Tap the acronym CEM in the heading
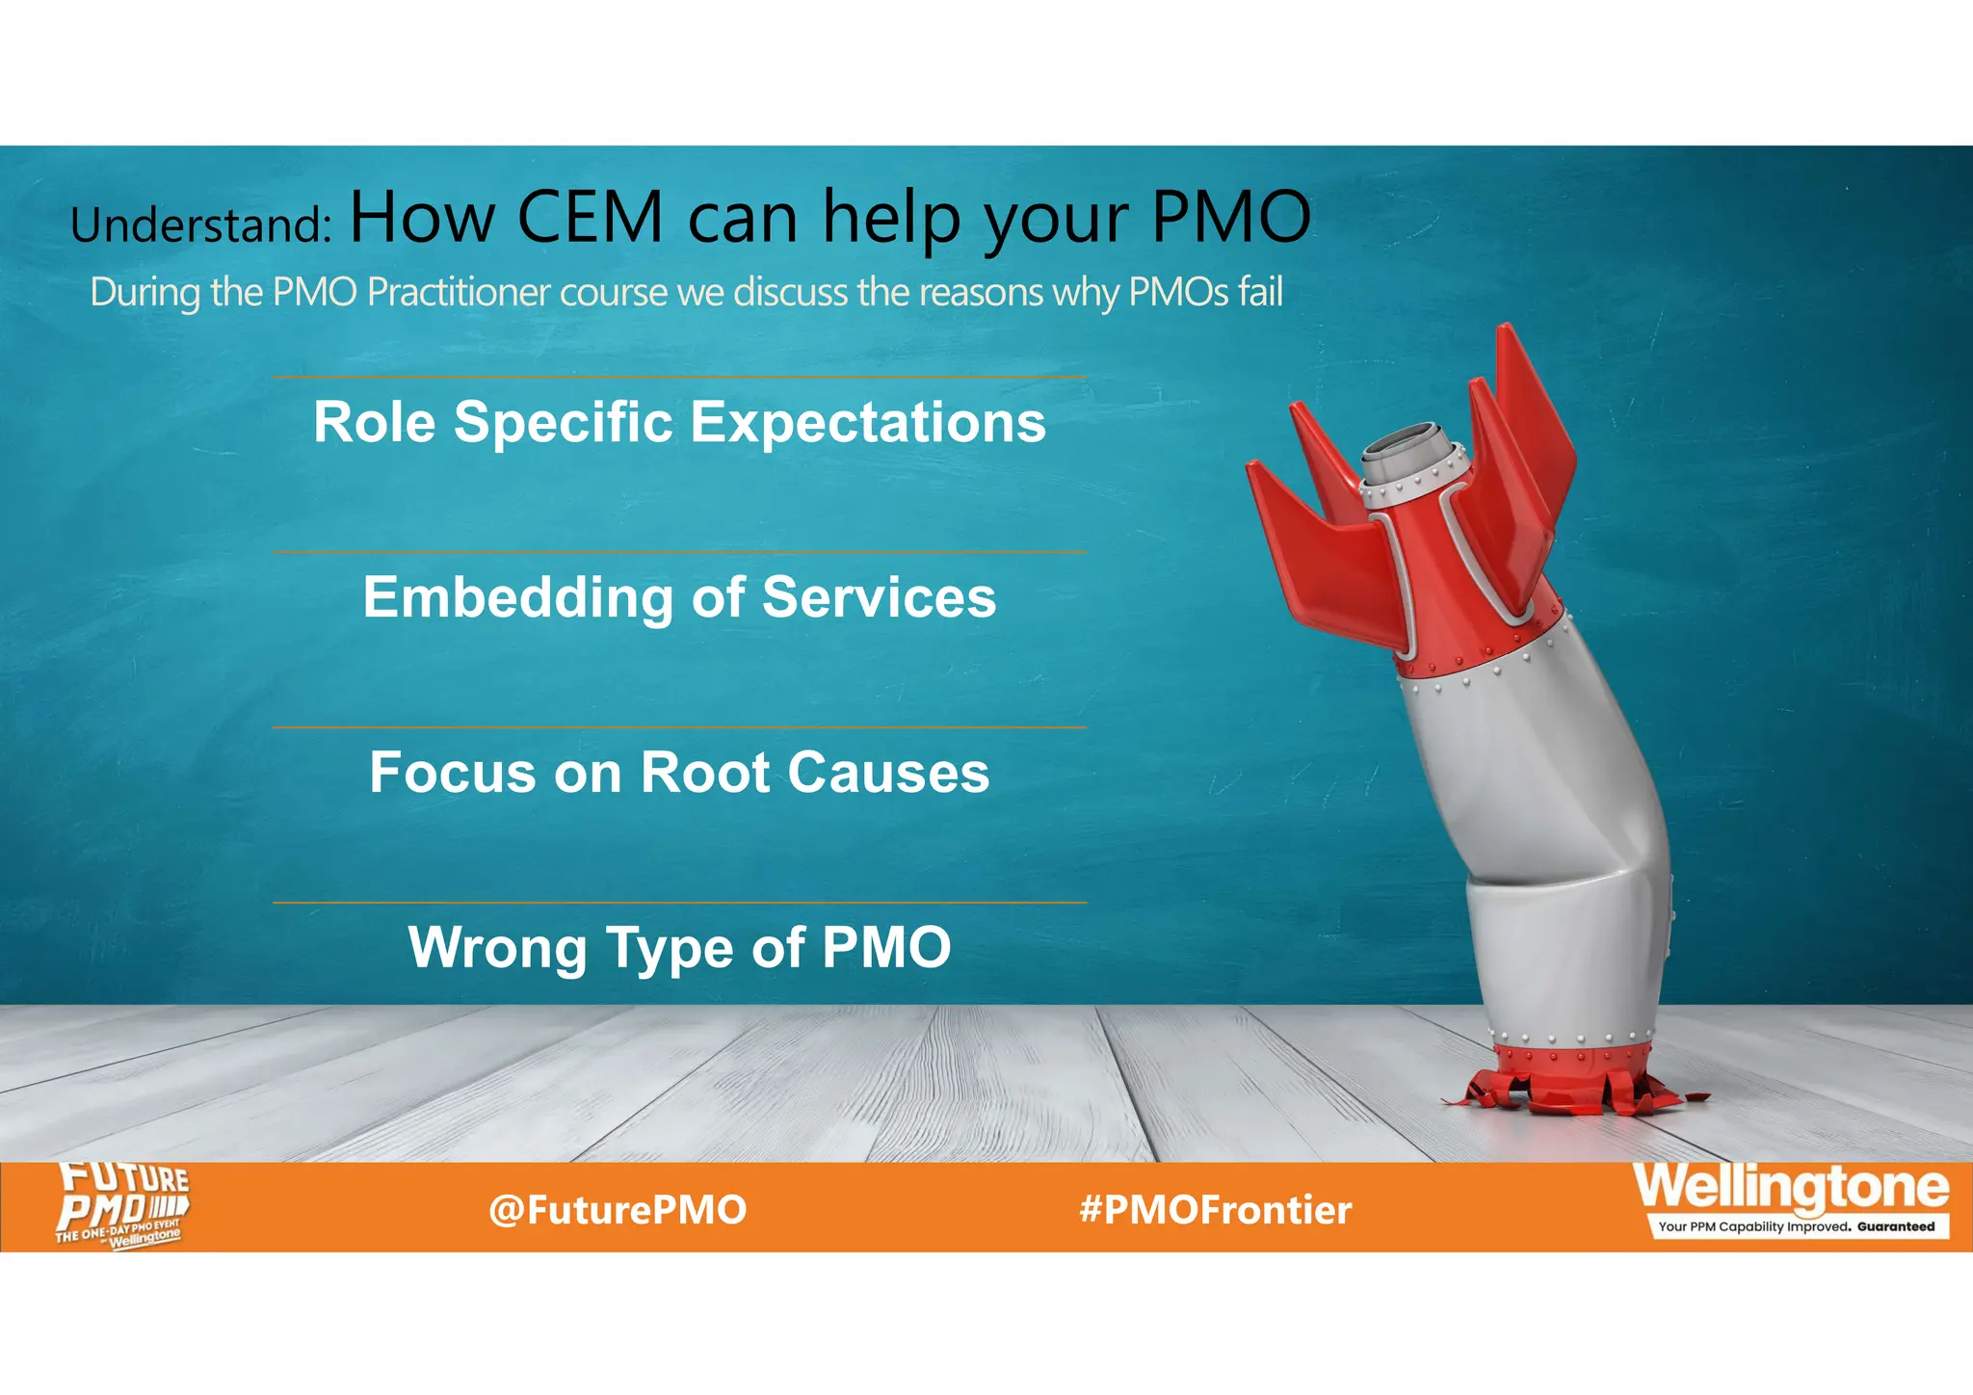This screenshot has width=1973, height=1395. [x=590, y=217]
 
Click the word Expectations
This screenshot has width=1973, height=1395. [x=867, y=422]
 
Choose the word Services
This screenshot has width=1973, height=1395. [x=879, y=597]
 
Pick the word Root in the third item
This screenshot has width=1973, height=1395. [x=705, y=773]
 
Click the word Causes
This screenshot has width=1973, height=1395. [x=888, y=773]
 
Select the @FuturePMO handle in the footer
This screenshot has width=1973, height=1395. [x=618, y=1210]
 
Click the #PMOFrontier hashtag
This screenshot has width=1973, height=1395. [x=1216, y=1210]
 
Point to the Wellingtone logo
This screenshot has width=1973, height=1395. [x=1791, y=1189]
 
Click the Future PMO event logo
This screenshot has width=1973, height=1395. [x=122, y=1205]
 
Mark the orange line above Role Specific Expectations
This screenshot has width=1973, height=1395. [x=679, y=377]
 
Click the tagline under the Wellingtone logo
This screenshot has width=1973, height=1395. [x=1796, y=1227]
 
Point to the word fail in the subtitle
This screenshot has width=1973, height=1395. [x=1261, y=292]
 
